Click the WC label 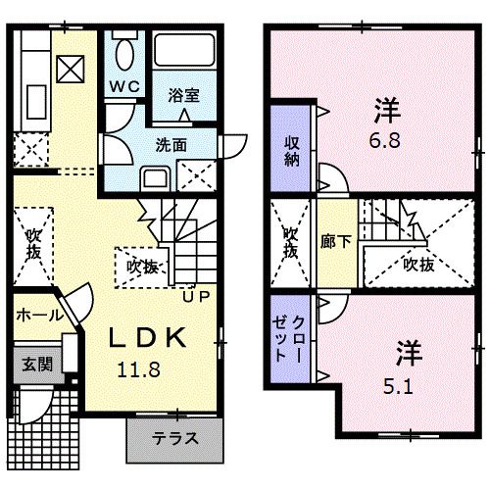coord(124,85)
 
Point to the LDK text coord(146,338)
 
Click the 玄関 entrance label coord(37,366)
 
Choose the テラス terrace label coord(175,438)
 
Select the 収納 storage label coord(292,153)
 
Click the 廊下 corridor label coord(328,241)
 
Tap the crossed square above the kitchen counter coord(71,69)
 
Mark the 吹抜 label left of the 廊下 coord(290,241)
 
